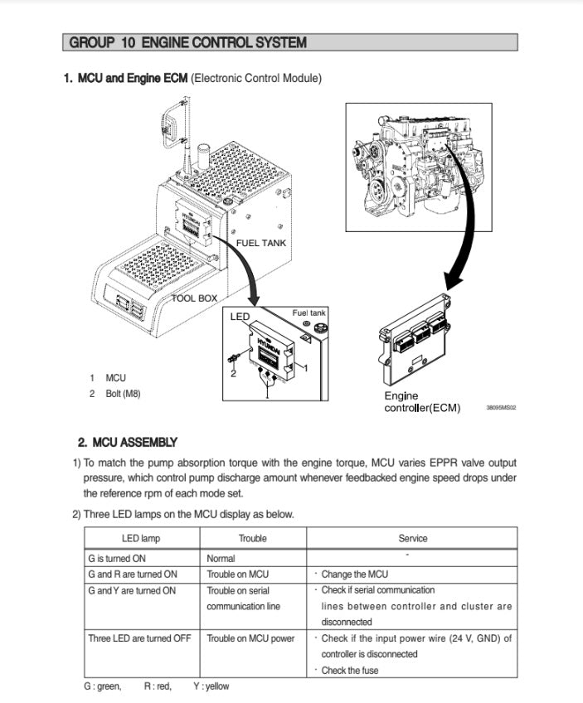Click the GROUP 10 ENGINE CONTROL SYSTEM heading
[188, 42]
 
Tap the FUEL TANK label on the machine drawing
[261, 243]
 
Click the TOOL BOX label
[195, 298]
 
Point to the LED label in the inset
[240, 317]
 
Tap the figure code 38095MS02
[501, 408]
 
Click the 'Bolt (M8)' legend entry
[123, 394]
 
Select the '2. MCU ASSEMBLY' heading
[127, 443]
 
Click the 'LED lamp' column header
[141, 539]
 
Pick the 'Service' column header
[412, 539]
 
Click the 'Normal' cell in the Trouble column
[221, 559]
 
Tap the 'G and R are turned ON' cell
[133, 574]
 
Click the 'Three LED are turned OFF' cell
[139, 638]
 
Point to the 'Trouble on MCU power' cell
[250, 638]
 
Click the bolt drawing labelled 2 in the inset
[235, 357]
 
